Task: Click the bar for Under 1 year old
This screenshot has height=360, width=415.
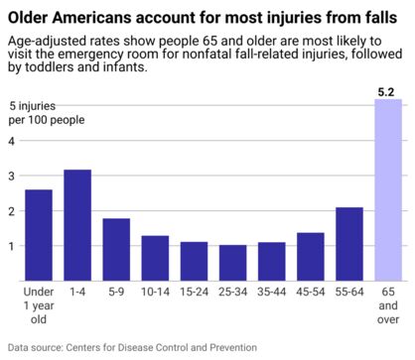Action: tap(39, 235)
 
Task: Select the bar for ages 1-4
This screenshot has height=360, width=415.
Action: tap(77, 225)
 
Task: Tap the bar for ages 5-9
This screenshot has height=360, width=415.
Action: tap(116, 249)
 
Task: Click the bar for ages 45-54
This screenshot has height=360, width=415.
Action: tap(310, 257)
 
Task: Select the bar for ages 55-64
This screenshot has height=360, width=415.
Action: tap(348, 244)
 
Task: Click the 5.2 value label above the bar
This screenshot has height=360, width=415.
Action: tap(388, 92)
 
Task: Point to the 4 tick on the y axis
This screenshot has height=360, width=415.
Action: tap(12, 141)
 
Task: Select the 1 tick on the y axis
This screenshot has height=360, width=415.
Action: tap(12, 246)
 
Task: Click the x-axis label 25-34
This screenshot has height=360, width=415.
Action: tap(232, 294)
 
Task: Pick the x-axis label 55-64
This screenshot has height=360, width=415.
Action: tap(348, 294)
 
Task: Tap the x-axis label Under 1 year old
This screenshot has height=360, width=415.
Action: tap(39, 306)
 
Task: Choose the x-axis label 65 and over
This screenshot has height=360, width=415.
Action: tap(388, 306)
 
